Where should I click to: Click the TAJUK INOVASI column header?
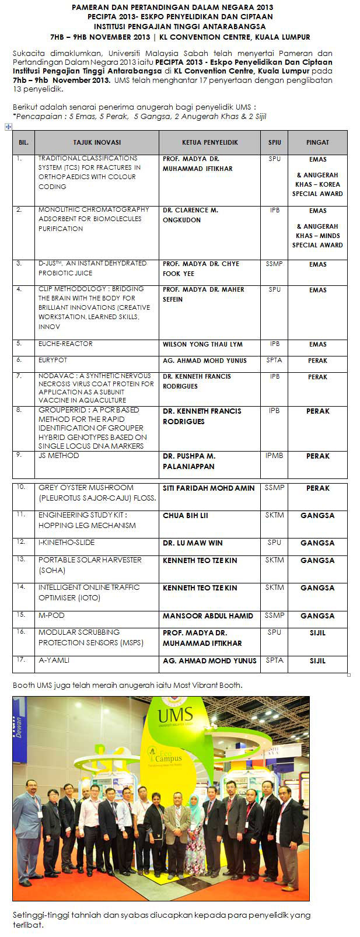click(x=97, y=142)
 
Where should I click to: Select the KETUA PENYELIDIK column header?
click(x=209, y=142)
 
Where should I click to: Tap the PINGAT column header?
click(x=317, y=142)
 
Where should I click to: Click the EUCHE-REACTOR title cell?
click(x=65, y=344)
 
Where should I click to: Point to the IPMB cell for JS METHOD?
click(x=274, y=456)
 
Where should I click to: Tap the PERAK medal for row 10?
click(x=317, y=488)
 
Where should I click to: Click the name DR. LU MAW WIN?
click(x=193, y=543)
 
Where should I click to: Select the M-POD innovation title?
click(x=51, y=616)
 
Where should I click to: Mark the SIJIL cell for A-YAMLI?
click(x=317, y=661)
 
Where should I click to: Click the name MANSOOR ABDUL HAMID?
click(x=208, y=616)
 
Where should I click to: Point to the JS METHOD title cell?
click(x=59, y=456)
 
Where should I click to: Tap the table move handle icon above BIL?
click(x=8, y=126)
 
